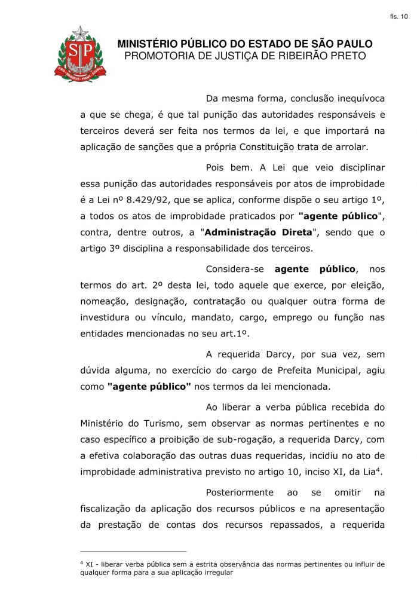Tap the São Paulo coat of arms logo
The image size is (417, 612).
click(81, 54)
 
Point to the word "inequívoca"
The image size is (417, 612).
click(358, 98)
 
